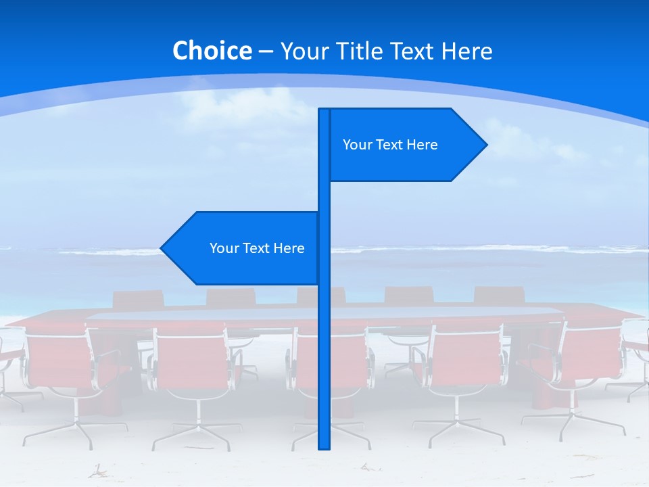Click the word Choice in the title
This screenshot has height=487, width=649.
click(x=212, y=51)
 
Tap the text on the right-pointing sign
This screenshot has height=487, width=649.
click(x=390, y=145)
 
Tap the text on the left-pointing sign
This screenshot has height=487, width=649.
click(x=257, y=248)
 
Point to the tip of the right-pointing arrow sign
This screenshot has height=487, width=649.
click(x=486, y=144)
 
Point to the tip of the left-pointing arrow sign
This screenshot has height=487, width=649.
click(x=162, y=248)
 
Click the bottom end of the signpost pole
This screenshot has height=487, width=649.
click(x=324, y=446)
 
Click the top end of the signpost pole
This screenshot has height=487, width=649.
click(x=324, y=110)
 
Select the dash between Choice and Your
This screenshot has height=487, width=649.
click(x=266, y=51)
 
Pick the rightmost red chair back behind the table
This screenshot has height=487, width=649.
click(x=499, y=296)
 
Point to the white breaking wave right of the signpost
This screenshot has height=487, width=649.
click(x=473, y=250)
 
